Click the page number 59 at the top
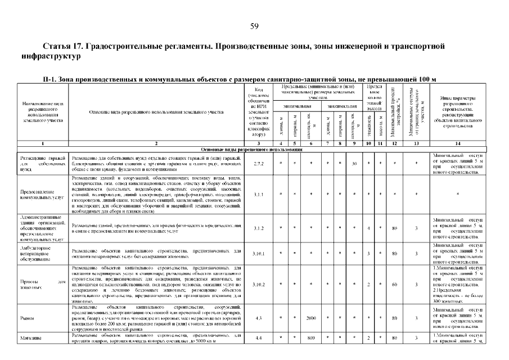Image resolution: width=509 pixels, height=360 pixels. [x=254, y=26]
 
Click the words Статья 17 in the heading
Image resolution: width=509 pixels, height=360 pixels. [x=61, y=46]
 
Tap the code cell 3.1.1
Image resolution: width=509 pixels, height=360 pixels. [x=259, y=194]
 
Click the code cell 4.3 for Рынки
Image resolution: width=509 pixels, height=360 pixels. [x=259, y=318]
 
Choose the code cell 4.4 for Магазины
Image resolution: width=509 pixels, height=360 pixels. [x=259, y=338]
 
